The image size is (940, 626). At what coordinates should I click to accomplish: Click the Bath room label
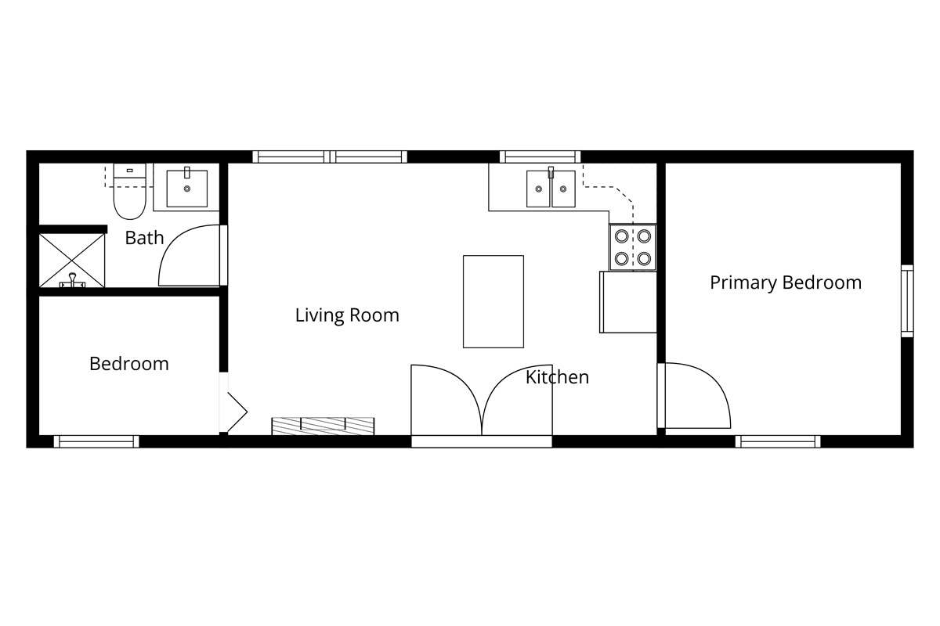[x=145, y=238]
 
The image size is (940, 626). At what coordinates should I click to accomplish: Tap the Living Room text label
[x=347, y=315]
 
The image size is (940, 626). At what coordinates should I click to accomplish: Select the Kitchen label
[x=557, y=377]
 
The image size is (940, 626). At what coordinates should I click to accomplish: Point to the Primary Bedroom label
[x=786, y=282]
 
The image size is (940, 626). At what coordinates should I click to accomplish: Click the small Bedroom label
[x=129, y=364]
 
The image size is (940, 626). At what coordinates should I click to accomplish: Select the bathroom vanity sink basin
[x=187, y=187]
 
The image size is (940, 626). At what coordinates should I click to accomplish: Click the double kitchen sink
[x=551, y=189]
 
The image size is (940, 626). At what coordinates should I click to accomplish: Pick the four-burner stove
[x=633, y=246]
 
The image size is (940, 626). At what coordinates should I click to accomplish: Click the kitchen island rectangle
[x=493, y=301]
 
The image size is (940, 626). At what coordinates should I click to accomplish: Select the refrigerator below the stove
[x=628, y=301]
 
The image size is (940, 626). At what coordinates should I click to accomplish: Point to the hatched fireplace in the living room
[x=324, y=426]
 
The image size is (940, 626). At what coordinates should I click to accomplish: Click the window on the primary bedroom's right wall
[x=907, y=301]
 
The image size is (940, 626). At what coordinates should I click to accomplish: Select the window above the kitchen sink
[x=540, y=156]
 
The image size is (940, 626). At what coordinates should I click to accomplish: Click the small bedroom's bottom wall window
[x=96, y=441]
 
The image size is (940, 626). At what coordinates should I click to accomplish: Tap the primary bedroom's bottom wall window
[x=778, y=441]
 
